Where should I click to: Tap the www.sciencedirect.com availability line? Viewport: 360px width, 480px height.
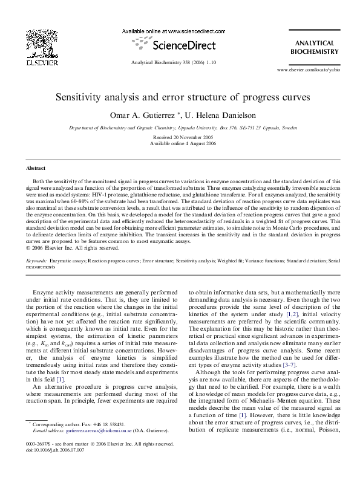tap(166, 30)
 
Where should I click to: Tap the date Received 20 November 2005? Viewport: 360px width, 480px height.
tap(179, 138)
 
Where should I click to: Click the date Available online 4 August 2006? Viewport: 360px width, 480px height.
tap(179, 144)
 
